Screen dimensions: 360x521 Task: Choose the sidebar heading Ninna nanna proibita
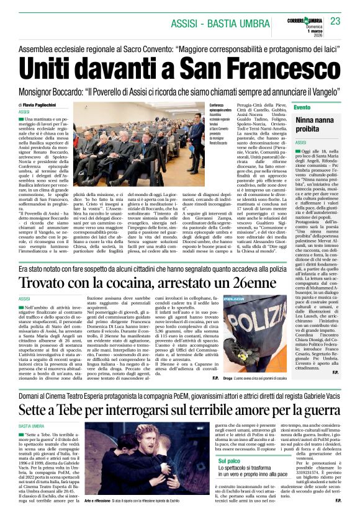315,124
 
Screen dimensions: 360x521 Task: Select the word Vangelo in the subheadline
325,89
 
